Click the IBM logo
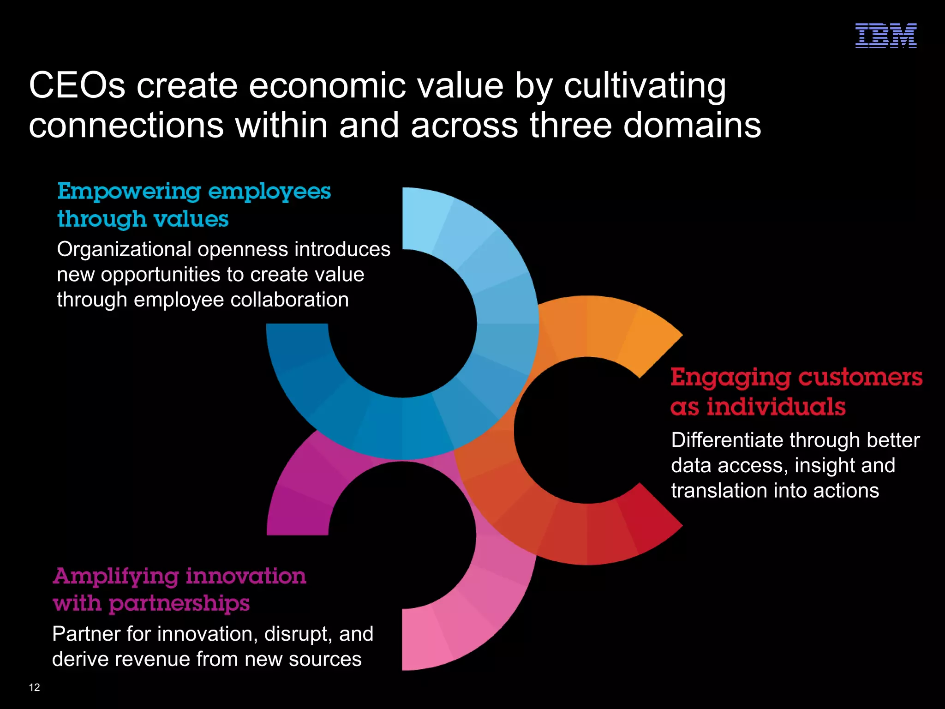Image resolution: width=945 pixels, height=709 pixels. pos(885,36)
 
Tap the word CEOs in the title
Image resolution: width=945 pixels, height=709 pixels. pos(77,85)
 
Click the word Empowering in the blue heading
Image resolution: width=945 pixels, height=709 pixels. pos(129,192)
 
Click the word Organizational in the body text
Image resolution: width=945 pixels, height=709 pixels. pos(124,249)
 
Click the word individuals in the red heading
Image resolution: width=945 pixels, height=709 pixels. pos(776,407)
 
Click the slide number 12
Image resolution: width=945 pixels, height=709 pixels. pos(35,687)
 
